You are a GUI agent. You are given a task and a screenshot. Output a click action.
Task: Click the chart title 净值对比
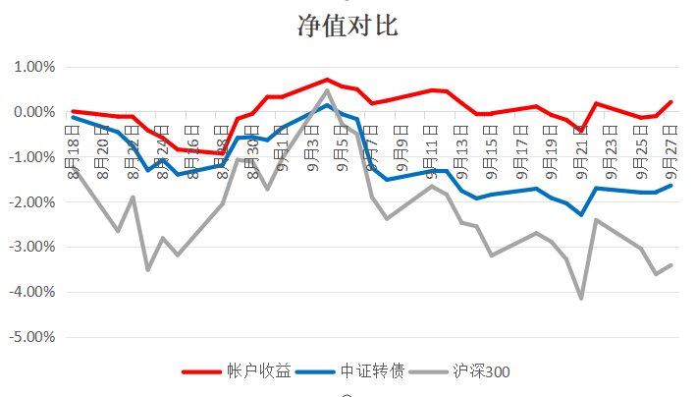coord(348,27)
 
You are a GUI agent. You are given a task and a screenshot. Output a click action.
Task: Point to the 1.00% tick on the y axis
coord(32,68)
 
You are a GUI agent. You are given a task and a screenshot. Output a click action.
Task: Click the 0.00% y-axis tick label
coord(32,113)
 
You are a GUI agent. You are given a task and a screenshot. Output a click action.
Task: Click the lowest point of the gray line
coord(581,298)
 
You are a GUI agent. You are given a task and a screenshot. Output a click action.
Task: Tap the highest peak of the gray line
coord(327,90)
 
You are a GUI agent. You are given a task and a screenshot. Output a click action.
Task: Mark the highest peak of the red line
coord(327,80)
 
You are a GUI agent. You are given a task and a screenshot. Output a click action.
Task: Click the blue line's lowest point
coord(581,214)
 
